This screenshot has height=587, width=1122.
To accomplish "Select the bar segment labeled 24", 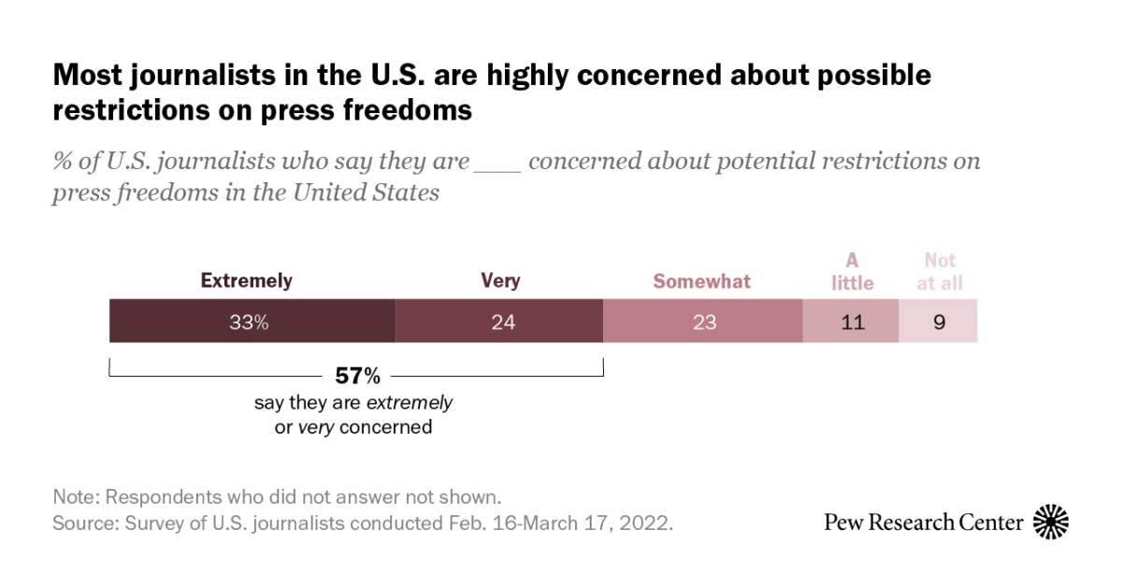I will click(x=499, y=322).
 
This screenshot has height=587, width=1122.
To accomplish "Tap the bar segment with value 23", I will click(x=703, y=322).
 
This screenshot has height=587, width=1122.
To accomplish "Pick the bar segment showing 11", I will click(x=851, y=322).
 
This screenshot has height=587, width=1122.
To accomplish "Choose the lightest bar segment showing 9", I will click(x=938, y=322).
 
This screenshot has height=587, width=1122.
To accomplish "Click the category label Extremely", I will click(x=247, y=280).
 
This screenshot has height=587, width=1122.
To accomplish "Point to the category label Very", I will click(x=499, y=280).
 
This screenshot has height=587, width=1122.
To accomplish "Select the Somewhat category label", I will click(x=701, y=281).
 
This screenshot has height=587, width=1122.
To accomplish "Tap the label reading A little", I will click(x=852, y=271).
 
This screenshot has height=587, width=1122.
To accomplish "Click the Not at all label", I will click(x=940, y=271).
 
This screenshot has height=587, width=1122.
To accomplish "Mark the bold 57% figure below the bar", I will click(x=357, y=377).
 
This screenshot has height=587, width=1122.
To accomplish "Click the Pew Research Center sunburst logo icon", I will click(x=1051, y=522).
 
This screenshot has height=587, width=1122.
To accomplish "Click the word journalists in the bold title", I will click(x=186, y=75).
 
